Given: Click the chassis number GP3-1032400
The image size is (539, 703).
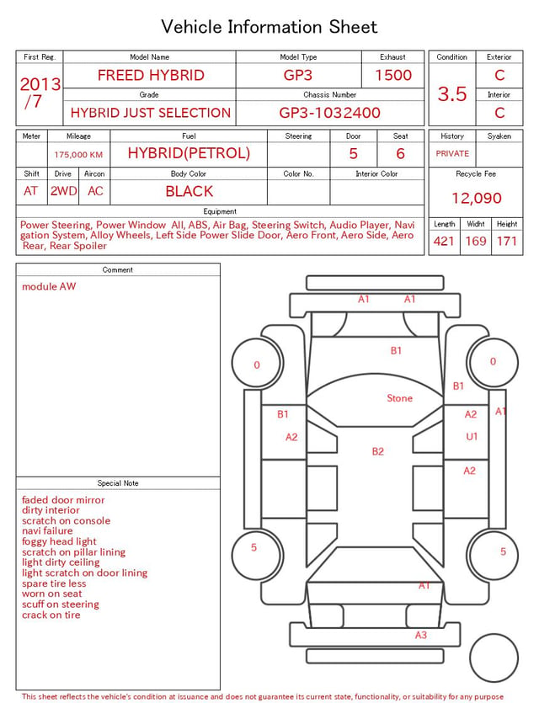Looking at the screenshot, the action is coord(329,113).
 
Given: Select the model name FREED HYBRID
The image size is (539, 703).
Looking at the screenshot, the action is coord(151,75).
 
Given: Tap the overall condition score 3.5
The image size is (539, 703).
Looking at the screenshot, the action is coord(452,93).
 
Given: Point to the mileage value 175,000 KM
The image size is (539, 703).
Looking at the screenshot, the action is coord(78,155).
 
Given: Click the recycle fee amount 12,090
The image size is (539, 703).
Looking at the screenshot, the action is coord(476,198).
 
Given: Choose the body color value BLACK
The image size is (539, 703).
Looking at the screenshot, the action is coord(189,191).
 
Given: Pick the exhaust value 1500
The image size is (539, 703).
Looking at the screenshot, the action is coord(393,75).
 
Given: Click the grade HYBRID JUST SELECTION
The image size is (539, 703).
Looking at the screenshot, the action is coord(150,113).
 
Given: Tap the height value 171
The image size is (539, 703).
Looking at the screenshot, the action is coord(507,241).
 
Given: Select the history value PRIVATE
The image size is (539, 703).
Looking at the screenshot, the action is coord(452,153).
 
